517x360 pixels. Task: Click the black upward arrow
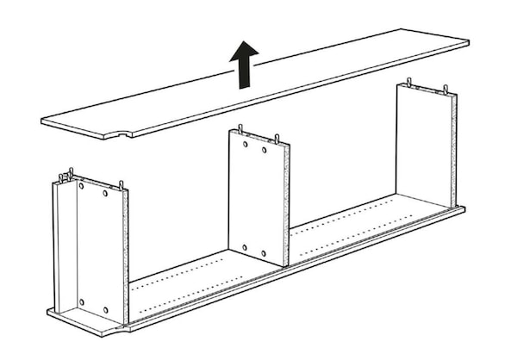(245, 64)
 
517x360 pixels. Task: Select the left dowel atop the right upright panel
(409, 82)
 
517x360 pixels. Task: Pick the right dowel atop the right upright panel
(445, 88)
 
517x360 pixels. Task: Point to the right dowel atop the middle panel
(278, 137)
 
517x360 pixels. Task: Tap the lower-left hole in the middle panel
(244, 245)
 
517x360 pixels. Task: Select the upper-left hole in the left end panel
(82, 184)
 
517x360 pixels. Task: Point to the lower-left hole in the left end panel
(81, 301)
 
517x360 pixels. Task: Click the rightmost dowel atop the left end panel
(121, 183)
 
